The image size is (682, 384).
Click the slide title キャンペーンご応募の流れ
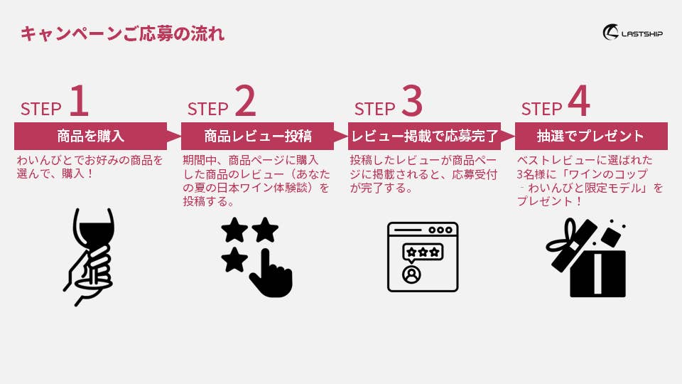tap(122, 33)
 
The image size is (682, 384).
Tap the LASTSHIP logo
tap(632, 32)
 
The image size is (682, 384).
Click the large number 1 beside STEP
tap(79, 100)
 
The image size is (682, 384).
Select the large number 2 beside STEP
tap(246, 100)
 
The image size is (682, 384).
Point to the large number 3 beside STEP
tap(412, 100)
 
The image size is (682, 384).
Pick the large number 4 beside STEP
tap(579, 100)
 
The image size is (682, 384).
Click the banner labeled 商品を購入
tap(90, 136)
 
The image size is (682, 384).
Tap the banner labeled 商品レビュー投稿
tap(257, 136)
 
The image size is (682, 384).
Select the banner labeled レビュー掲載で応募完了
tap(425, 136)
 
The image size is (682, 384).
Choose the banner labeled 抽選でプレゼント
tap(591, 136)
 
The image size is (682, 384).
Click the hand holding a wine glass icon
tap(90, 257)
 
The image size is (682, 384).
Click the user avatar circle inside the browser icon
tap(411, 274)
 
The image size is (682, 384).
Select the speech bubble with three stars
tap(423, 253)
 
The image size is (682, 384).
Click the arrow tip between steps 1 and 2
tap(180, 137)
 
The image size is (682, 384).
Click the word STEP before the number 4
tap(541, 109)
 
